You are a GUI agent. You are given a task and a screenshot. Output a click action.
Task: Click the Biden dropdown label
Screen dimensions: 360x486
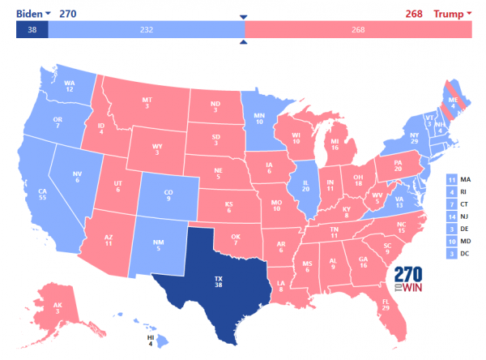[x=32, y=14]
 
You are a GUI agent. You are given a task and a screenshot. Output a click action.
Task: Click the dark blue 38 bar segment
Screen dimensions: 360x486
[x=32, y=29]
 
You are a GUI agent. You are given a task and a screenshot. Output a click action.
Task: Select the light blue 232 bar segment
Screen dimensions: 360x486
[x=146, y=29]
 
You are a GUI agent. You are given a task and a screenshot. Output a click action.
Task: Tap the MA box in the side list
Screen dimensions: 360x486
[x=457, y=178]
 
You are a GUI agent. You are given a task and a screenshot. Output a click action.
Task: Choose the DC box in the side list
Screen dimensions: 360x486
[x=457, y=254]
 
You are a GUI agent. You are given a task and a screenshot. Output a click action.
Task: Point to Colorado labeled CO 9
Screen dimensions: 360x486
[x=167, y=195]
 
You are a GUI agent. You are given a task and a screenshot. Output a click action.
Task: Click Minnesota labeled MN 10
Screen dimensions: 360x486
[x=258, y=119]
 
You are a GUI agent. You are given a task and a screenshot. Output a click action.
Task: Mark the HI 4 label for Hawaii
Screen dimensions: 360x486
[x=151, y=339]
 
